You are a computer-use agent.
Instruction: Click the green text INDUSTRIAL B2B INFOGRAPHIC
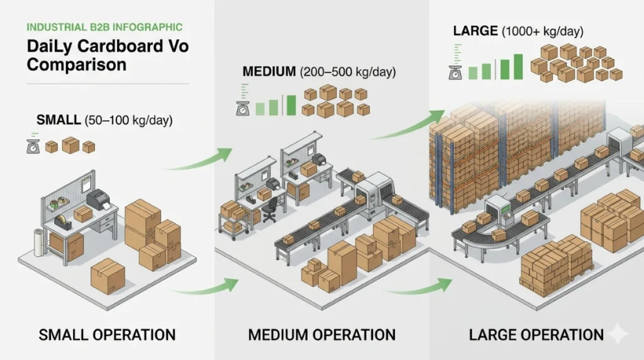[x=104, y=27]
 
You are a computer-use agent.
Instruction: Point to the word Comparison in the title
[x=76, y=64]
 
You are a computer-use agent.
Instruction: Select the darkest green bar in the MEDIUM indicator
[x=291, y=105]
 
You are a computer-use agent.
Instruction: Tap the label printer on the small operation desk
[x=97, y=200]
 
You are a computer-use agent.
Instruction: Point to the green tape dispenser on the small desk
[x=62, y=222]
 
